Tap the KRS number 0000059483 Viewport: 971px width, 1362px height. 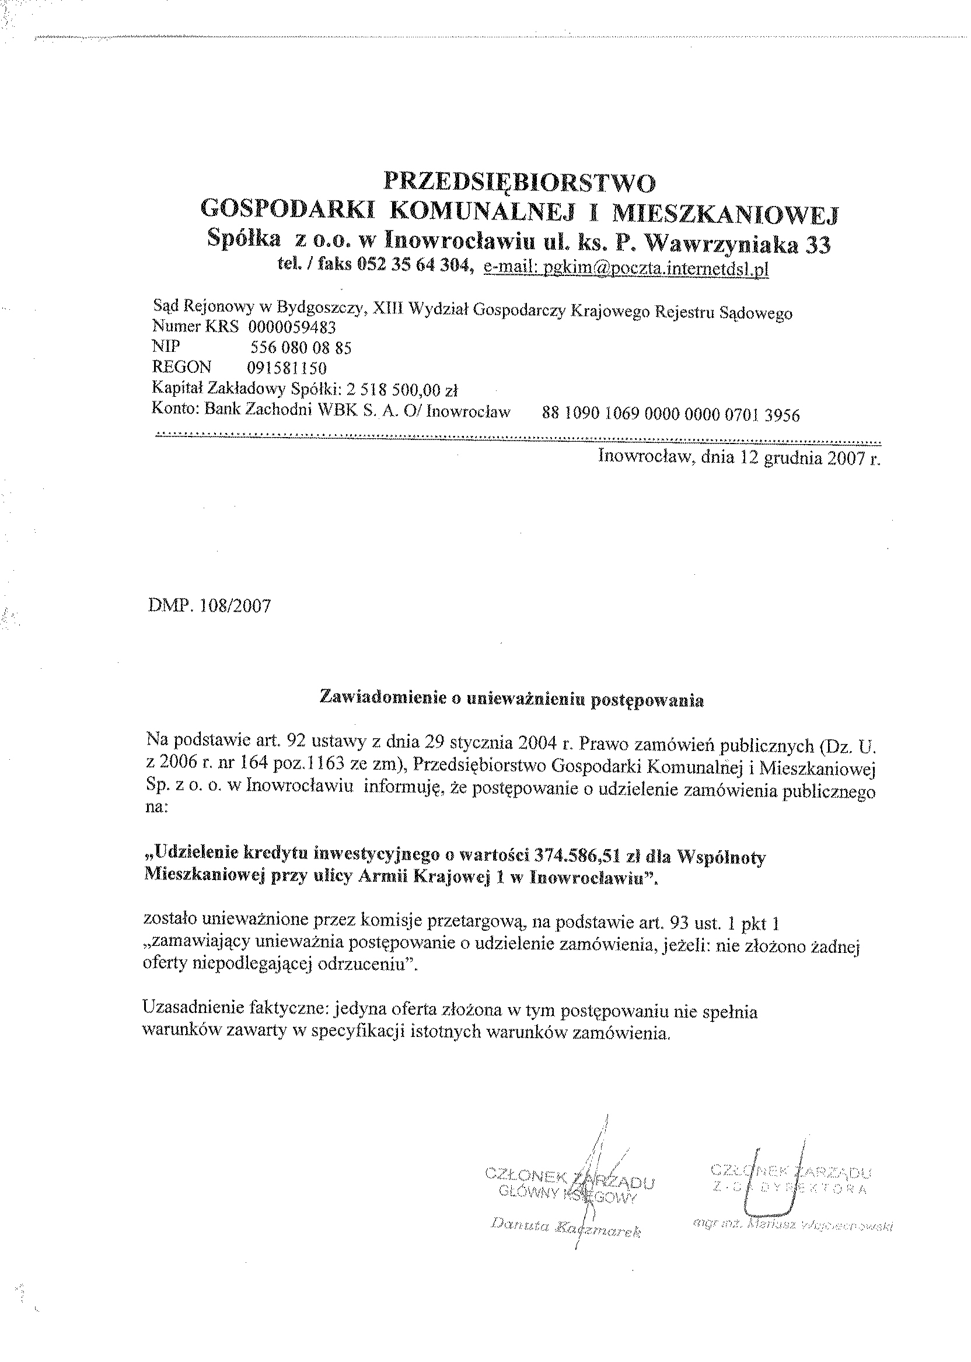tap(292, 327)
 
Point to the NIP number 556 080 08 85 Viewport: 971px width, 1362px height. tap(300, 347)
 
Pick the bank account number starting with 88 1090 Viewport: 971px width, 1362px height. tap(670, 414)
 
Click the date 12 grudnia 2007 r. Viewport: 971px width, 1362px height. tap(811, 458)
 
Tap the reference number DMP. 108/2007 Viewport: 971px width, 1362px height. tap(209, 606)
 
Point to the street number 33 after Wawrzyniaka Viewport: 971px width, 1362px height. tap(817, 245)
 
